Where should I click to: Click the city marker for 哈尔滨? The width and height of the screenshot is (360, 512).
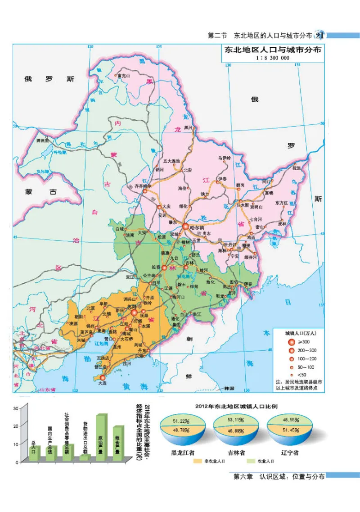coord(185,227)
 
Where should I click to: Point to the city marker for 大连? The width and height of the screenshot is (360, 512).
coord(103,377)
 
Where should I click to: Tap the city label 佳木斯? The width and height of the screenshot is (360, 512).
coord(242,205)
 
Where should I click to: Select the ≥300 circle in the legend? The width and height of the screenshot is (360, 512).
coord(291,342)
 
